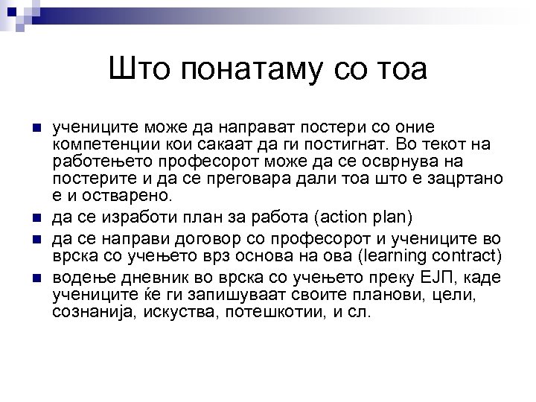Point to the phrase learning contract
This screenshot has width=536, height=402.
429,258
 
